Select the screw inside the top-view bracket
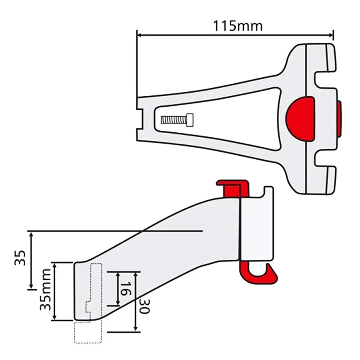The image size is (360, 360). tap(178, 120)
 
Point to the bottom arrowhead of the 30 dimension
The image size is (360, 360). tap(135, 330)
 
